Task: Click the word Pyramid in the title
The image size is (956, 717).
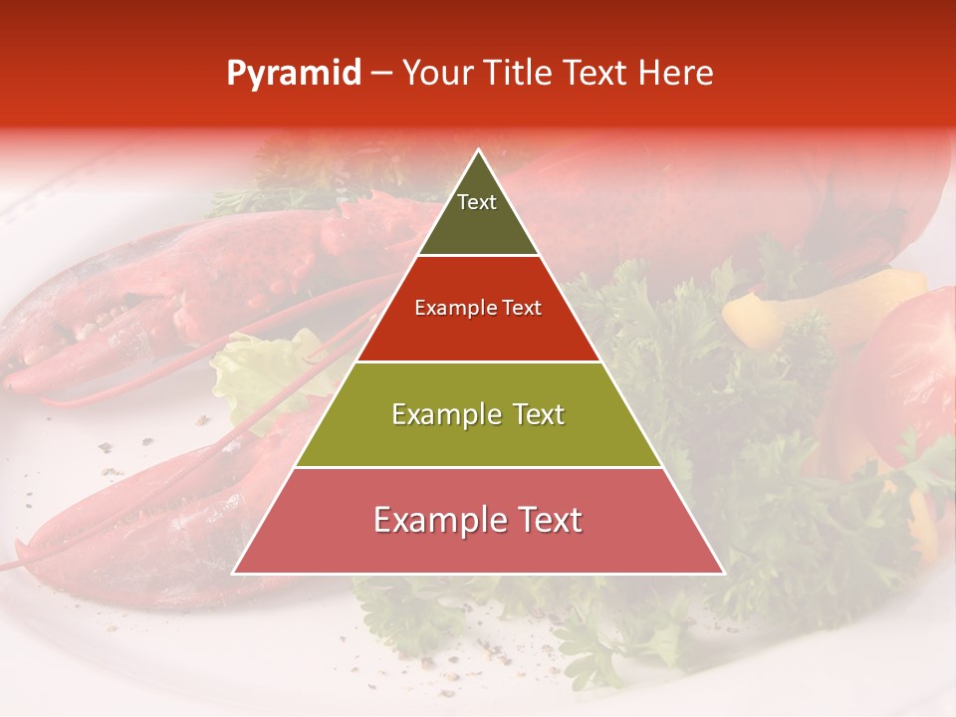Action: pos(293,74)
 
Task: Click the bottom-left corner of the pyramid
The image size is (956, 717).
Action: pos(235,573)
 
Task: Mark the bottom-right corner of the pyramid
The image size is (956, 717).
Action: pos(722,573)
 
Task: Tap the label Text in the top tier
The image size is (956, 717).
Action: pos(477,202)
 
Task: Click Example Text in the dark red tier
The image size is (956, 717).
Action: pos(478,308)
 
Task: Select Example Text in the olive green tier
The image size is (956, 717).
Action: pos(478,414)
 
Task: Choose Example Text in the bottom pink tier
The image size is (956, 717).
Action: pos(478,520)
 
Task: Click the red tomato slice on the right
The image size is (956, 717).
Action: pos(911,368)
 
